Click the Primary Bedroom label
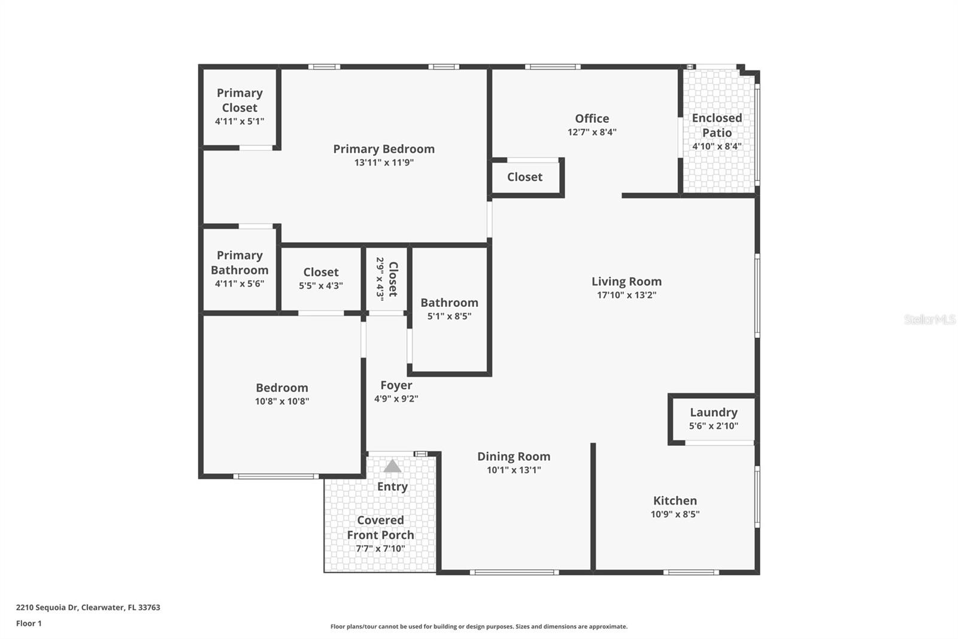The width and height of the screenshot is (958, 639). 384,149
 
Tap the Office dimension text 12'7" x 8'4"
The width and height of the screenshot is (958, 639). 592,132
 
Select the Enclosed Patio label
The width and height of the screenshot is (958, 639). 717,125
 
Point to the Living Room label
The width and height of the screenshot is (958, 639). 626,281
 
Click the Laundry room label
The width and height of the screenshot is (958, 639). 713,412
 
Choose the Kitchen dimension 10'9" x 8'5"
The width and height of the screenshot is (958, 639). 675,514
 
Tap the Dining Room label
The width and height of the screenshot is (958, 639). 513,456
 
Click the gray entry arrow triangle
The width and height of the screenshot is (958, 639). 392,466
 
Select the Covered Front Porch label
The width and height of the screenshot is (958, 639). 380,528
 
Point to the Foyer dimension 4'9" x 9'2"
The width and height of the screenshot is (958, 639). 396,399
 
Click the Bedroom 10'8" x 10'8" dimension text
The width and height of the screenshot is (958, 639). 281,401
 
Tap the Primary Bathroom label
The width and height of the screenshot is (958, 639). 239,263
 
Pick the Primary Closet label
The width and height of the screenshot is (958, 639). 239,100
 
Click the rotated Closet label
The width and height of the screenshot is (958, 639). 393,279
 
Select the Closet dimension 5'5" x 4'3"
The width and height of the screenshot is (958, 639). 321,286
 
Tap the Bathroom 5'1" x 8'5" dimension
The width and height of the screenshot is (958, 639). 449,316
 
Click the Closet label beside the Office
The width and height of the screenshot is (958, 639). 525,177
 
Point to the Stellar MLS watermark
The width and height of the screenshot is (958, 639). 929,319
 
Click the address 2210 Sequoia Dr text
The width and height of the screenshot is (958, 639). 88,607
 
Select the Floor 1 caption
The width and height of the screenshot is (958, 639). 29,623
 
